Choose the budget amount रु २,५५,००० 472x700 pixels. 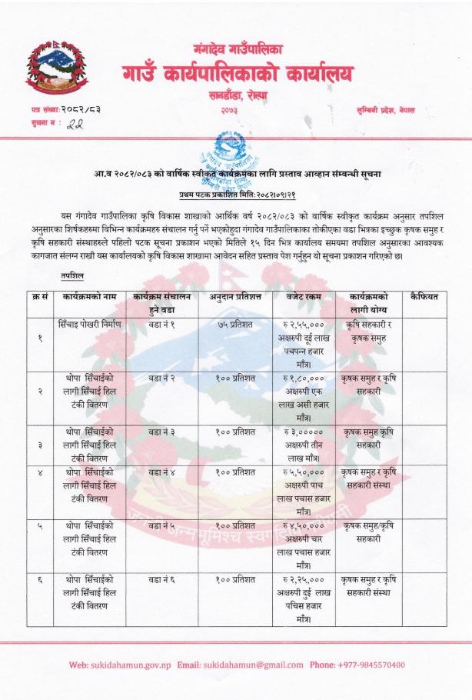(302, 325)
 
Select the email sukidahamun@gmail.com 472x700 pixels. (247, 665)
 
